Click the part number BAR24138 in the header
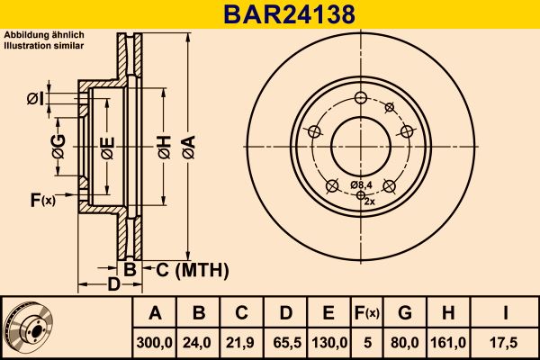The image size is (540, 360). point(289,14)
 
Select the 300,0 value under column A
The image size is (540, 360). point(154,343)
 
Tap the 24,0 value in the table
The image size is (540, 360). point(197,343)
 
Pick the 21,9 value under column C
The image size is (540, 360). point(240,343)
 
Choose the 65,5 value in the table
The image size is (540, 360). point(287,343)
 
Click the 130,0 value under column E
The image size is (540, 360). point(329,343)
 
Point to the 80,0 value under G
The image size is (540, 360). point(405,343)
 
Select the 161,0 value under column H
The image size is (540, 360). point(448,343)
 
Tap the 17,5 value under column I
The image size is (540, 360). point(505,343)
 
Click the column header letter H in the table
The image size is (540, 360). point(448,313)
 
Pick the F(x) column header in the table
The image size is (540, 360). point(367,313)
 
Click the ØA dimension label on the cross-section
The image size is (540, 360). point(189,147)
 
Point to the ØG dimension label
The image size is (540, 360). point(58,147)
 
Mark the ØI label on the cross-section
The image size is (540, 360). point(35,99)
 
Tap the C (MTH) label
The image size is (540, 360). point(193,270)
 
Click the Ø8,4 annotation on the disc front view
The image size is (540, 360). point(361,185)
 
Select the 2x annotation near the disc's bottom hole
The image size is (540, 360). point(369,202)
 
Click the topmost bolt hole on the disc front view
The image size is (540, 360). point(361,97)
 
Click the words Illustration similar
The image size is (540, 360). point(44,46)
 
